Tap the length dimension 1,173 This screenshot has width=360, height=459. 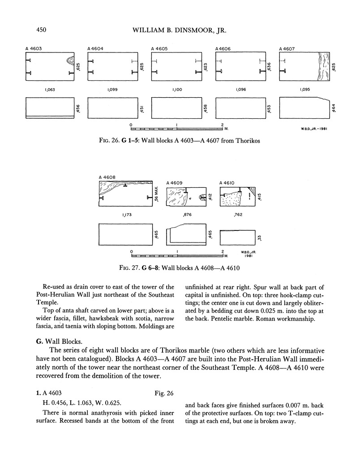point(127,215)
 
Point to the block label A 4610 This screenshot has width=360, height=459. point(227,182)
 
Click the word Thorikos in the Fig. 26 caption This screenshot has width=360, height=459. point(247,140)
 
